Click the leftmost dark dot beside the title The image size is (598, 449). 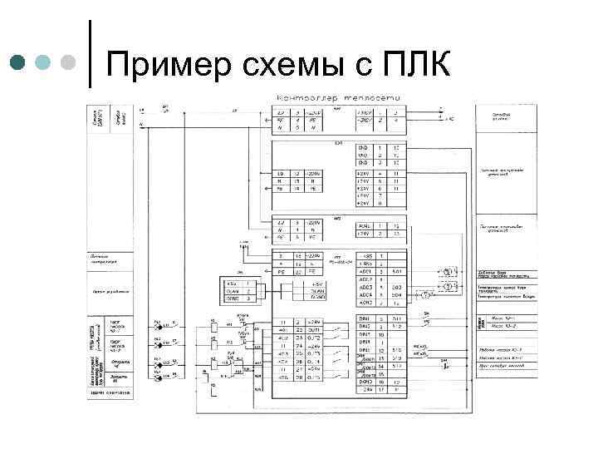17,63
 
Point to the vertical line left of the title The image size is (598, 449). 90,52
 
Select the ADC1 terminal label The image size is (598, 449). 364,271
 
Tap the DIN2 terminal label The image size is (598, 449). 364,326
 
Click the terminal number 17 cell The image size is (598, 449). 380,388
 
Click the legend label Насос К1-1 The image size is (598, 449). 499,318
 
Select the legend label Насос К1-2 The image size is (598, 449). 499,327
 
